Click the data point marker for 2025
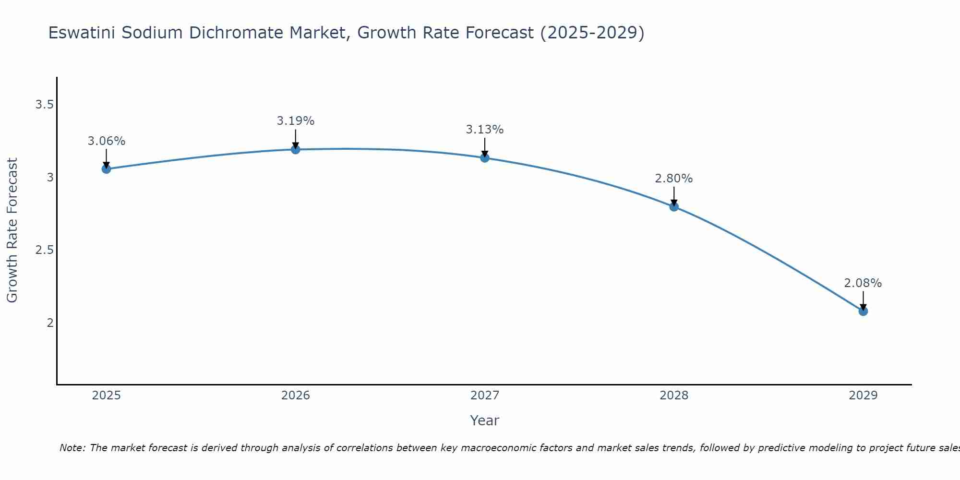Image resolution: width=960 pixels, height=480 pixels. tap(106, 169)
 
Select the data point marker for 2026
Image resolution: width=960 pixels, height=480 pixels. tap(296, 150)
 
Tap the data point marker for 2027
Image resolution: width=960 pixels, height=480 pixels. tap(485, 158)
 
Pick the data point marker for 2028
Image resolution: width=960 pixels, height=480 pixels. tap(674, 207)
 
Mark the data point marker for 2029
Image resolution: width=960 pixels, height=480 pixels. tap(863, 311)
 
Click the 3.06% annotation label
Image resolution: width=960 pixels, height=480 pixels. tap(106, 141)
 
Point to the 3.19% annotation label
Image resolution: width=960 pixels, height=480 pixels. tap(296, 121)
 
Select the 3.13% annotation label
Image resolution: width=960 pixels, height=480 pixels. tap(485, 130)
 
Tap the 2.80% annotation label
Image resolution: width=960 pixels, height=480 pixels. tap(674, 179)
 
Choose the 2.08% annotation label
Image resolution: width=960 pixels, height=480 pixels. tap(863, 283)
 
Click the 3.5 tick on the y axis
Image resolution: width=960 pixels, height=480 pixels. tap(44, 105)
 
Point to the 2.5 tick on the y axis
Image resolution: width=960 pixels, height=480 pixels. tap(44, 250)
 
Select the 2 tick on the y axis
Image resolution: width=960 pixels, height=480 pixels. tap(50, 323)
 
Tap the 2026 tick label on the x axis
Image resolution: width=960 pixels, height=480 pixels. tap(296, 396)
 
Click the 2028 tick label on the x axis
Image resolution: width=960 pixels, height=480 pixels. tap(674, 396)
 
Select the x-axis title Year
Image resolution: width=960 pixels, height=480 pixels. tap(485, 420)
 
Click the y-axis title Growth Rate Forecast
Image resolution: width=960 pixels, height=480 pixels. tap(12, 230)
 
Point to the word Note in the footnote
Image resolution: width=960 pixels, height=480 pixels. tap(72, 448)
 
